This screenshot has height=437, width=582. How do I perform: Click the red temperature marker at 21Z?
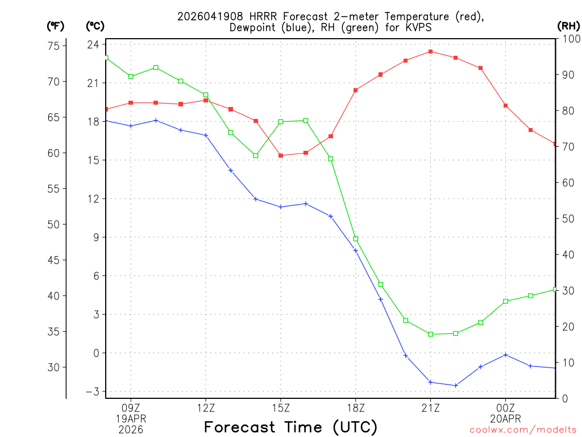[x=431, y=51]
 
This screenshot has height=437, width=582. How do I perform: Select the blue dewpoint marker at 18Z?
[x=356, y=250]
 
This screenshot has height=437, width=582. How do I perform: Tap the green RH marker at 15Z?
[x=281, y=122]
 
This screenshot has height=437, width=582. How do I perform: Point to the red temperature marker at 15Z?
[x=281, y=155]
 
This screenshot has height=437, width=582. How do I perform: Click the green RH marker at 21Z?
[x=431, y=334]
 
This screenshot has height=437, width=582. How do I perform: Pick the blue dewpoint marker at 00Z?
[x=505, y=355]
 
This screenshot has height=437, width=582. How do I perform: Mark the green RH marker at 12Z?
[x=206, y=95]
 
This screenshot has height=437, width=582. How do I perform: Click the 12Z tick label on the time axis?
[x=206, y=407]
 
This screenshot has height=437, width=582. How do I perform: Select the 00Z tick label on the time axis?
[x=505, y=407]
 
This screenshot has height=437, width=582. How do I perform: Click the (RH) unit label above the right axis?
[x=568, y=26]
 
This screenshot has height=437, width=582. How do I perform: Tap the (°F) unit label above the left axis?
[x=56, y=26]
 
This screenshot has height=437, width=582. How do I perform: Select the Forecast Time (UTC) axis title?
[x=290, y=427]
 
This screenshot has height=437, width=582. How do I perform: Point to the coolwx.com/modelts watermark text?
[x=523, y=430]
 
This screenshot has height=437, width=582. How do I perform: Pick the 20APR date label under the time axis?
[x=505, y=419]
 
